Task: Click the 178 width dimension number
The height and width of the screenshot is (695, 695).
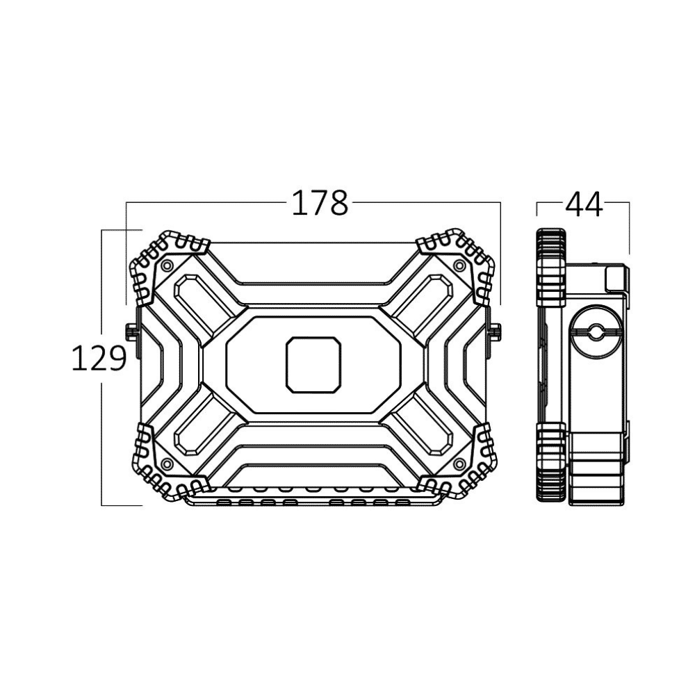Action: point(320,203)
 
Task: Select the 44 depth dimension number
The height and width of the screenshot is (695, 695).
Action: point(583,204)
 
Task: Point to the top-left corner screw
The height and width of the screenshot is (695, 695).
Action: point(167,265)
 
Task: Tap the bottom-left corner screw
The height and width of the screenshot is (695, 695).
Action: point(167,464)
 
